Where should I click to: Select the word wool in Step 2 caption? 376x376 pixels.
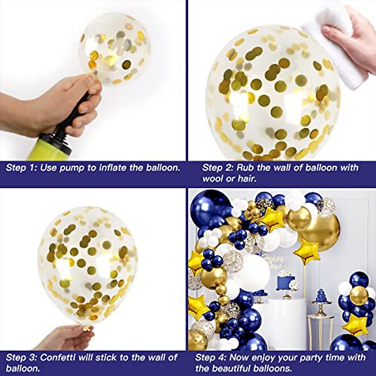pos(214,179)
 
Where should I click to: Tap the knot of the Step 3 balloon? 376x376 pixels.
pos(86,328)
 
